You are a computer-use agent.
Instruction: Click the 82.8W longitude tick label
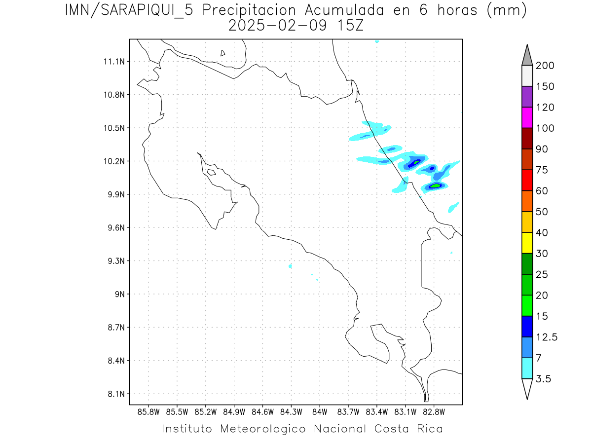[434, 411]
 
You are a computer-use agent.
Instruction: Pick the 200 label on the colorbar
[545, 66]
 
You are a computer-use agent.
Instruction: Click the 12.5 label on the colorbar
[547, 337]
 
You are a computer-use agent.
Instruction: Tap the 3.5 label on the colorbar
[543, 379]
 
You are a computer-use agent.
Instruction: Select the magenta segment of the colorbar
[527, 118]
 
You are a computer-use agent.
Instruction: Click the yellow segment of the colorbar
[527, 243]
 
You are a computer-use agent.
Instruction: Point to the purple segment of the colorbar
[527, 97]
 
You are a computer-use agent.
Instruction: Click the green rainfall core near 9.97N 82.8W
[436, 185]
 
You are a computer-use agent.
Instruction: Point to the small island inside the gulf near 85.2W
[211, 172]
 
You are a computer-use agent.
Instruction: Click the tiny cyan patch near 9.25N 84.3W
[291, 266]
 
